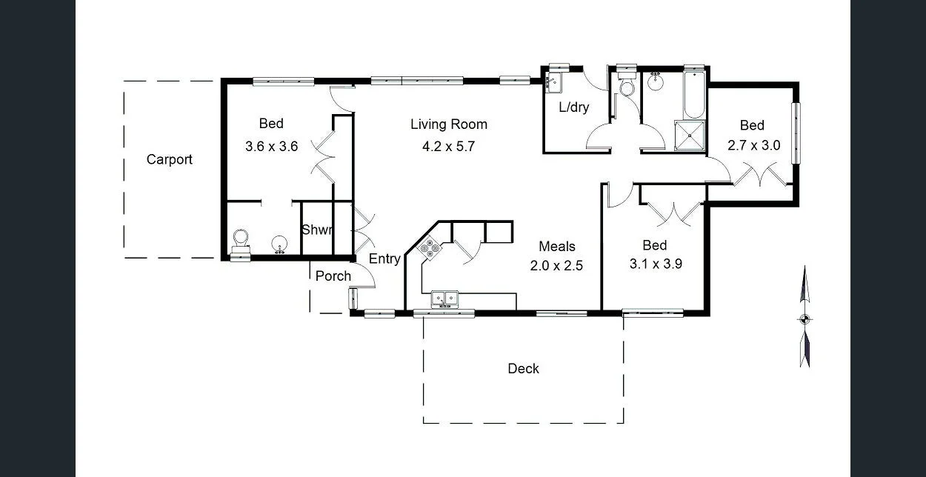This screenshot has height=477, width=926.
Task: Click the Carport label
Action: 169,159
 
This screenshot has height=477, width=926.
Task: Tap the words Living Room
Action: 449,124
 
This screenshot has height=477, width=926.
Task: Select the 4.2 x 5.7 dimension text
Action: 448,147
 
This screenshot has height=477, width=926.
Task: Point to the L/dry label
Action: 574,107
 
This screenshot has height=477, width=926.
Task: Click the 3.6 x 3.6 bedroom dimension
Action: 271,147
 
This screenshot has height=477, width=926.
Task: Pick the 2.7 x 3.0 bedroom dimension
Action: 753,146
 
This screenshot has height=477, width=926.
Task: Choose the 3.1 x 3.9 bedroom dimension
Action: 655,263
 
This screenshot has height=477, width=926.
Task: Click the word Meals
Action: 556,247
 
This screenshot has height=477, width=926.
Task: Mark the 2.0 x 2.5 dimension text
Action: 556,265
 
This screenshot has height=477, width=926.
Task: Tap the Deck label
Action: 523,368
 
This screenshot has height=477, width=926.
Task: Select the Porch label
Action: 333,276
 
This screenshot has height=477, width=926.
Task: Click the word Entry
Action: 384,258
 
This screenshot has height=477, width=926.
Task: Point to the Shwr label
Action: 316,230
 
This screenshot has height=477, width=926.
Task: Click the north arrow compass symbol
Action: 805,318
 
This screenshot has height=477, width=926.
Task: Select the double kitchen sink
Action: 445,298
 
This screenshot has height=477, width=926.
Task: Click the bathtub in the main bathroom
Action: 694,97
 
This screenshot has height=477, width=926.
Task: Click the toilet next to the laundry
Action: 627,87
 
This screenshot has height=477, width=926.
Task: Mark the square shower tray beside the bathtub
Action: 690,136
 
